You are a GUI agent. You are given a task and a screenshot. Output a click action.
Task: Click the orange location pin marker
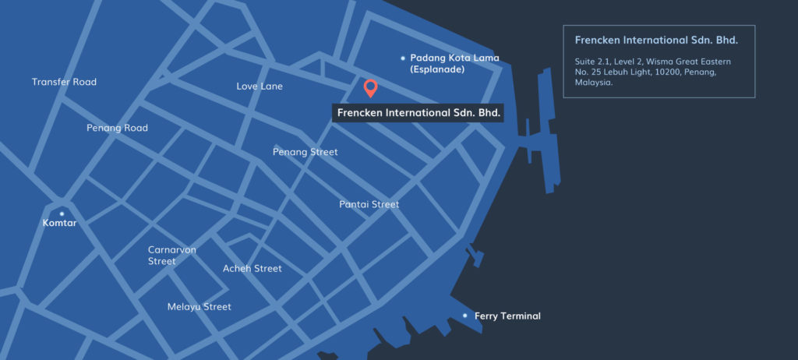(x=371, y=87)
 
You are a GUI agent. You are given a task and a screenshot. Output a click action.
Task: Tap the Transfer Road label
(x=64, y=82)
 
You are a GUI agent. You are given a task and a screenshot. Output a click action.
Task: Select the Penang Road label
(x=117, y=128)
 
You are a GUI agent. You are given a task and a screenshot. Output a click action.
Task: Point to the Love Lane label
(x=260, y=86)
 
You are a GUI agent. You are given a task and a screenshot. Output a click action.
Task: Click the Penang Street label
(x=305, y=152)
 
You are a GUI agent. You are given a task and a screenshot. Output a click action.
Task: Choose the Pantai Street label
(x=369, y=205)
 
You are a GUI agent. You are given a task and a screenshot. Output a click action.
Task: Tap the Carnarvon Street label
(x=172, y=256)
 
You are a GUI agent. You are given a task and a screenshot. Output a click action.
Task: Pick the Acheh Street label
(x=252, y=269)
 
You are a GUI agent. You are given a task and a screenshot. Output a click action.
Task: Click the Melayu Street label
(x=199, y=307)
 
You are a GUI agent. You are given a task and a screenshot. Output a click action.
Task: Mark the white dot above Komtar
(x=62, y=214)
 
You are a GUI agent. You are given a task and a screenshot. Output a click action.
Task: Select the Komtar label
(x=60, y=224)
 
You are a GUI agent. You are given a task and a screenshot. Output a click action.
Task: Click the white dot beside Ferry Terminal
(x=465, y=316)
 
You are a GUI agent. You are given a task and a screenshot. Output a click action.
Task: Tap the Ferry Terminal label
(x=507, y=316)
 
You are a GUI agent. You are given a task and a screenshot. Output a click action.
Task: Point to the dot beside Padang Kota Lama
(x=402, y=58)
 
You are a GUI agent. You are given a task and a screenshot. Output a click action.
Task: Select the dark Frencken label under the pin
(x=418, y=113)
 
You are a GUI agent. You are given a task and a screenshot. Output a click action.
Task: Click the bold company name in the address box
(x=655, y=40)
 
